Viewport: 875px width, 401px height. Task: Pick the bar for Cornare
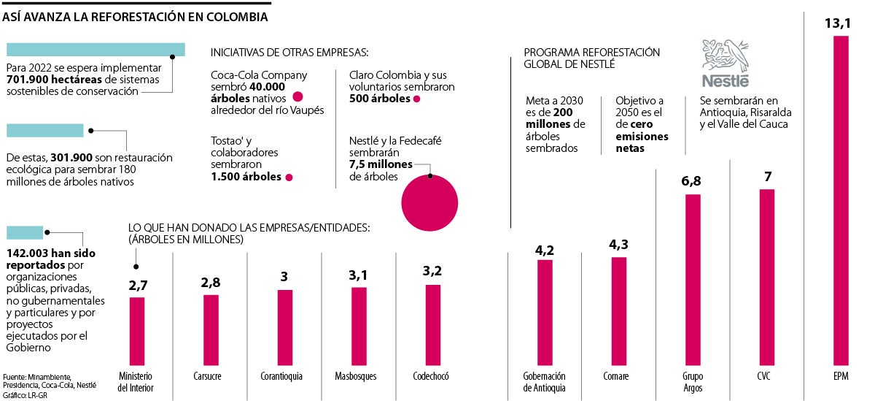(x=618, y=310)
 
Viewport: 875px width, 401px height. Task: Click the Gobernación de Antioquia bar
(x=545, y=311)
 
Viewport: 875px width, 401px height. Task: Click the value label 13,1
(x=837, y=24)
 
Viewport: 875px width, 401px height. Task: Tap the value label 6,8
(x=692, y=180)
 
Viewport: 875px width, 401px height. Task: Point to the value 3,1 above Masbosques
(x=359, y=275)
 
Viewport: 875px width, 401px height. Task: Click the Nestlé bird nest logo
(x=725, y=55)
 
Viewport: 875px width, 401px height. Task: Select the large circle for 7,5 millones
(x=429, y=202)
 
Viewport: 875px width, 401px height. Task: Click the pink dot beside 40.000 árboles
(x=297, y=98)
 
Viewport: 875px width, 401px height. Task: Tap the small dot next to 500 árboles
(x=416, y=99)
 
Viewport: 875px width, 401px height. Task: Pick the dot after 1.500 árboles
(x=289, y=177)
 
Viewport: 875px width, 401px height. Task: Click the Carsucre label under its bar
(x=211, y=376)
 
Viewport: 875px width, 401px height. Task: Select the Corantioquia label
(x=282, y=376)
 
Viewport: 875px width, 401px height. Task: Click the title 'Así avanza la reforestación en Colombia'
(x=135, y=15)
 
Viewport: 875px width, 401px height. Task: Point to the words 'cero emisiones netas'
(x=642, y=137)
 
